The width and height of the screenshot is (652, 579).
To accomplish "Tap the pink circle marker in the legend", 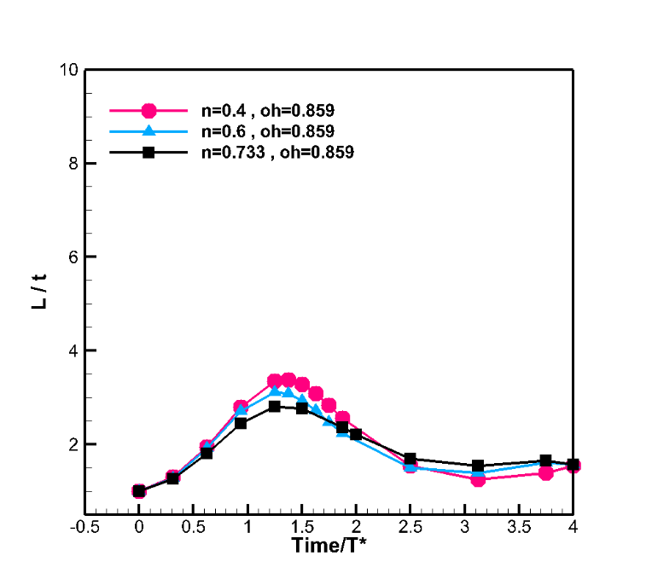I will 148,110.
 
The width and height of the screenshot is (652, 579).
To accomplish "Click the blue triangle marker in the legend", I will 148,130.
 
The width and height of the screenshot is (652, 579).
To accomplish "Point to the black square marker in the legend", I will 148,153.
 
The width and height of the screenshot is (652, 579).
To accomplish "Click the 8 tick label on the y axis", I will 73,163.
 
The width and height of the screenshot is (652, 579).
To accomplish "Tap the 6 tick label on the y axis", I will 73,257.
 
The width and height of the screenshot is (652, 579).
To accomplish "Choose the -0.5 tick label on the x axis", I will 84,527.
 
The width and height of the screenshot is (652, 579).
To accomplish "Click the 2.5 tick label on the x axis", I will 410,527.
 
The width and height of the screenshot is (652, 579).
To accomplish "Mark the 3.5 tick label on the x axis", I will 519,527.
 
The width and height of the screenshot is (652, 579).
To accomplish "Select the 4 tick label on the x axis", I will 573,527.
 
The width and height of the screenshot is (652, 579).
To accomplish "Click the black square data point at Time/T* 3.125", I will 478,466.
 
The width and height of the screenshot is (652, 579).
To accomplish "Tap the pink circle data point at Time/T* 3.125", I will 478,479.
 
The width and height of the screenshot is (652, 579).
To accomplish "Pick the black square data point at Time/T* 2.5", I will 410,460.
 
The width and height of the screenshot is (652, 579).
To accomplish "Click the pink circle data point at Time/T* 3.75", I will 545,472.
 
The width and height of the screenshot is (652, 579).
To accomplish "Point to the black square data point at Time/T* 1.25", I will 275,407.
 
